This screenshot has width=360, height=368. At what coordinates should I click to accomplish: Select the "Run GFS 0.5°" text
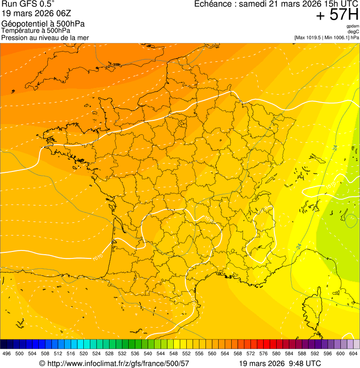[28, 4]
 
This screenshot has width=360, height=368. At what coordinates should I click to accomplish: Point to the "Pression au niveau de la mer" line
[45, 37]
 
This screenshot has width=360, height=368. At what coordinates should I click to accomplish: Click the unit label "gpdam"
[353, 26]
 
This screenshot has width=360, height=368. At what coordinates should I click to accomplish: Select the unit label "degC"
[354, 31]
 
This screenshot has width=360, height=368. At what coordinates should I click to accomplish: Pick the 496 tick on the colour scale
[7, 353]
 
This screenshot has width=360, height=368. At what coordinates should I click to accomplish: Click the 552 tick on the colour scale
[186, 353]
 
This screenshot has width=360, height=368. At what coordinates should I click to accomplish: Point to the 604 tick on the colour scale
[353, 353]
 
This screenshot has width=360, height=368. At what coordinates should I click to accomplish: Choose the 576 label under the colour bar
[264, 353]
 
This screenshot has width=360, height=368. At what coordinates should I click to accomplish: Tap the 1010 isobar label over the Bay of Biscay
[98, 257]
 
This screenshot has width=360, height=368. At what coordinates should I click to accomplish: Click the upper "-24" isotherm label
[335, 148]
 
